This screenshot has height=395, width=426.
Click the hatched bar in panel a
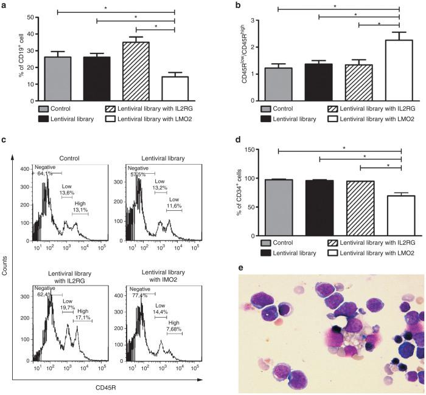point(139,68)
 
